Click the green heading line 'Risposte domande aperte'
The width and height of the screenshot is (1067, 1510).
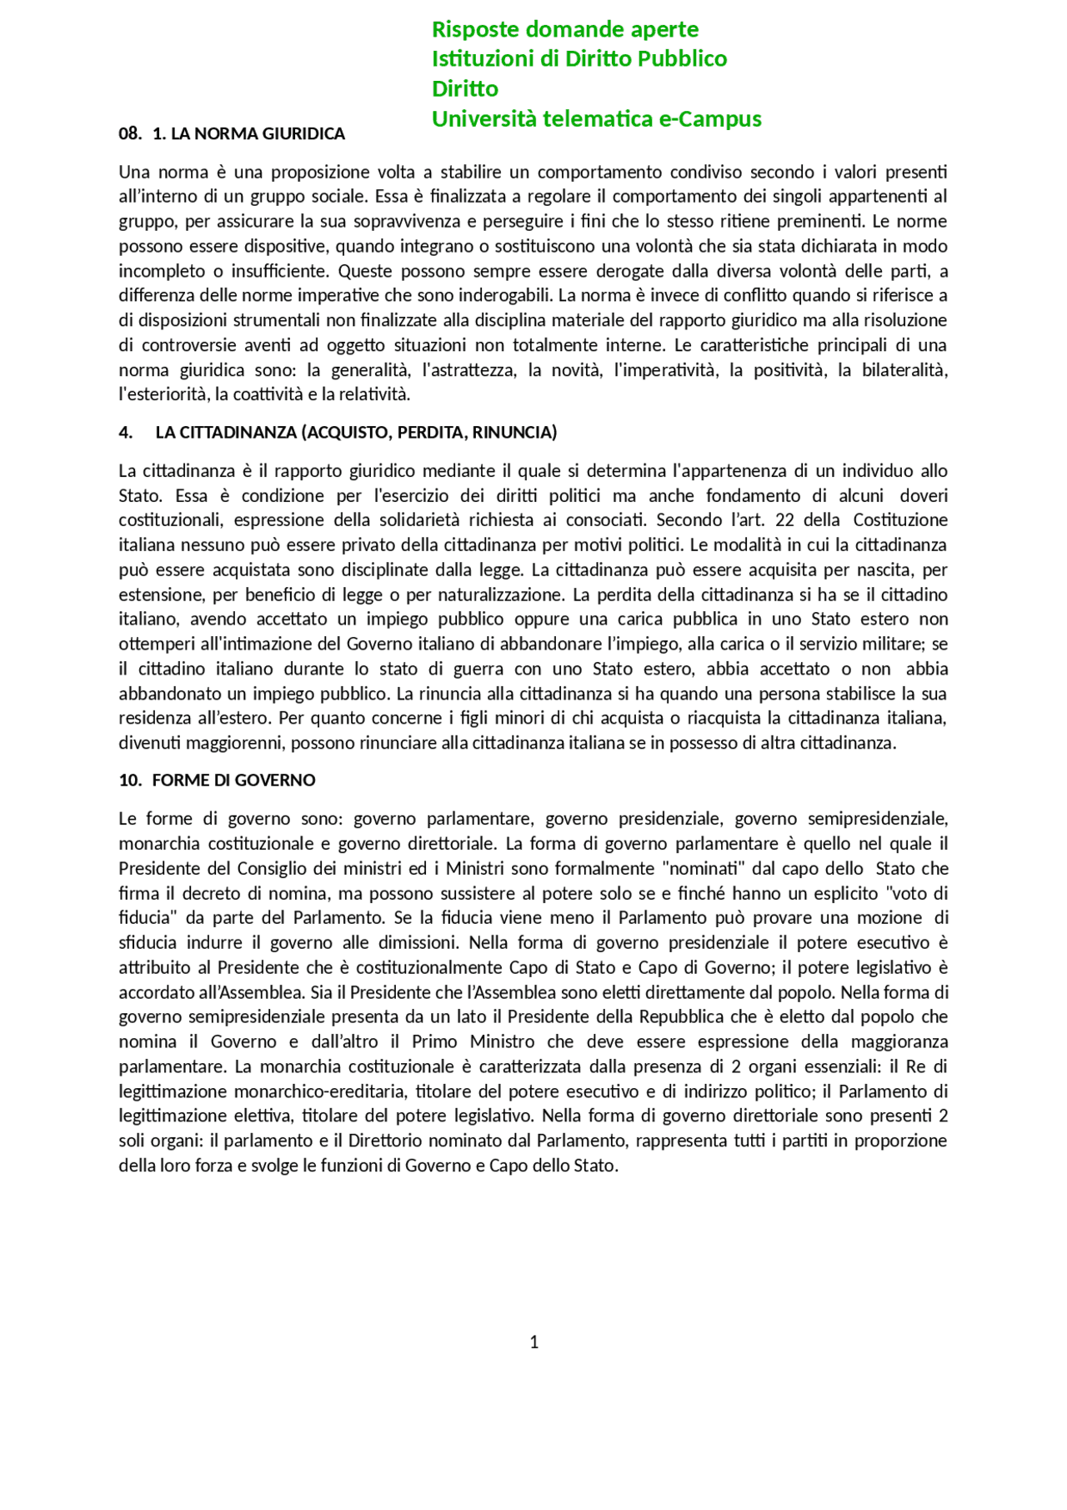(564, 29)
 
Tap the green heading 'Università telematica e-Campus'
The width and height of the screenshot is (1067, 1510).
(596, 118)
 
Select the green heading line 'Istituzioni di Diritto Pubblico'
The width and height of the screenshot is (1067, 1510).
(579, 58)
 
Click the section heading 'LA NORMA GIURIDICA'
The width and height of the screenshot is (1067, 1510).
(258, 133)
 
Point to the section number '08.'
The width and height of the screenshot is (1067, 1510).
(130, 133)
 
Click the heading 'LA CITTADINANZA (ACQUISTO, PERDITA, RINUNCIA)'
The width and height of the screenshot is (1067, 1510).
(356, 432)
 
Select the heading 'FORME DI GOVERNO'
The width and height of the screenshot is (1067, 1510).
(233, 780)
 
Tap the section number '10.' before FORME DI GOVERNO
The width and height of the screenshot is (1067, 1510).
(130, 780)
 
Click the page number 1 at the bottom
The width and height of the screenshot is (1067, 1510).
(534, 1342)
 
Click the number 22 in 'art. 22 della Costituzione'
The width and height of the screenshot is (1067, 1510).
(784, 519)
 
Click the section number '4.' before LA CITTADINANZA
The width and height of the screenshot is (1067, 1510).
(126, 432)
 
